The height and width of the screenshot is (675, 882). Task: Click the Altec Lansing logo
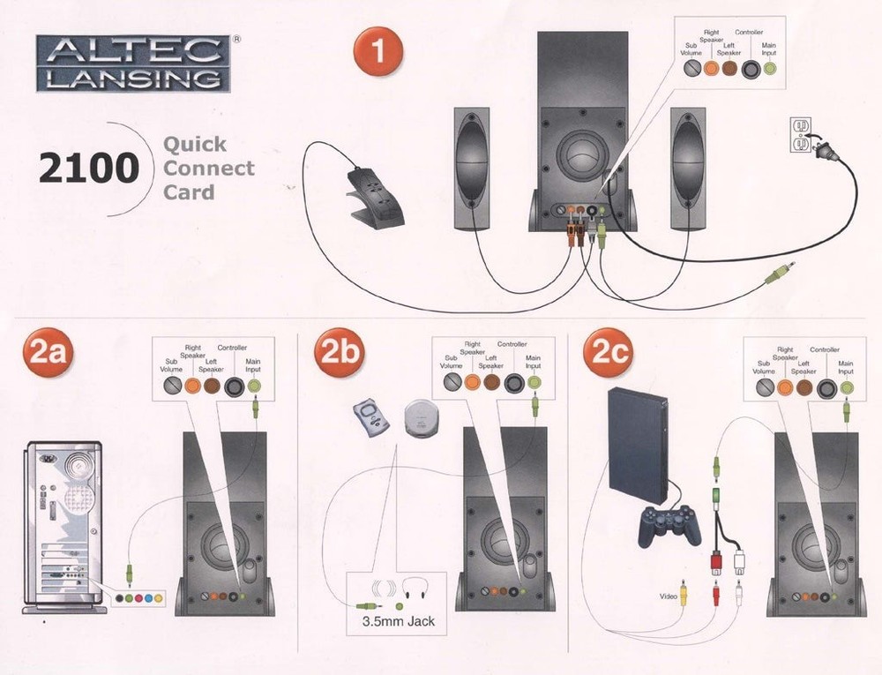(x=134, y=64)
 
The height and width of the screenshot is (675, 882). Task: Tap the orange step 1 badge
(x=378, y=51)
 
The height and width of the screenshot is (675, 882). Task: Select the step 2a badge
(x=48, y=353)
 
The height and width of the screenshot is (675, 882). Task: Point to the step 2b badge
(x=340, y=353)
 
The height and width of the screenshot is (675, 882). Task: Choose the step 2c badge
(x=608, y=353)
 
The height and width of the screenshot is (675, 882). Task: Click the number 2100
(x=89, y=169)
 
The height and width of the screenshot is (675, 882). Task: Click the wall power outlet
(x=801, y=135)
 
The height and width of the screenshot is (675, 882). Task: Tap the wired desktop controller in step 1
(x=376, y=194)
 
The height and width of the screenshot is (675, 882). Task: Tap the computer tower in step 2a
(x=63, y=527)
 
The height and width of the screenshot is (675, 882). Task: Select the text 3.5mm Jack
(x=399, y=621)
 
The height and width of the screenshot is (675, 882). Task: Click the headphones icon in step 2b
(x=415, y=589)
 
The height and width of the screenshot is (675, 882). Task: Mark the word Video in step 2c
(x=669, y=596)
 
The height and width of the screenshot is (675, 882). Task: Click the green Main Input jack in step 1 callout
(x=768, y=69)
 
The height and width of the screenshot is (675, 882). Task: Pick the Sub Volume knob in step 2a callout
(x=172, y=386)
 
